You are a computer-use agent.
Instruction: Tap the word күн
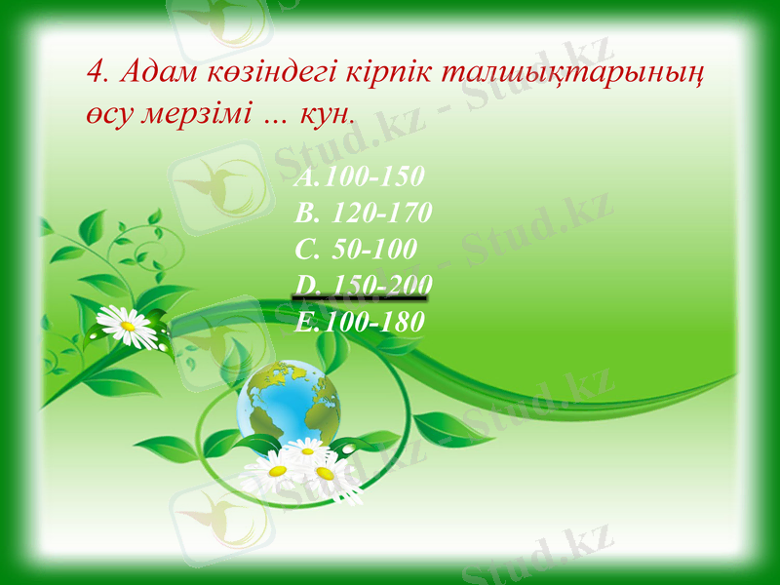coord(324,112)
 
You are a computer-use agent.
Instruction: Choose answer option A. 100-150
coord(358,177)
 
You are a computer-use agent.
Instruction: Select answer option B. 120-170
coord(363,214)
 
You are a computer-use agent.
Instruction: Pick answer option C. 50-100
coord(356,249)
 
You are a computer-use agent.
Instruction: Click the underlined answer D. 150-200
coord(363,284)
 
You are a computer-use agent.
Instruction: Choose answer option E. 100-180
coord(359,320)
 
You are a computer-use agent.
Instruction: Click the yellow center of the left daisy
coord(126,325)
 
